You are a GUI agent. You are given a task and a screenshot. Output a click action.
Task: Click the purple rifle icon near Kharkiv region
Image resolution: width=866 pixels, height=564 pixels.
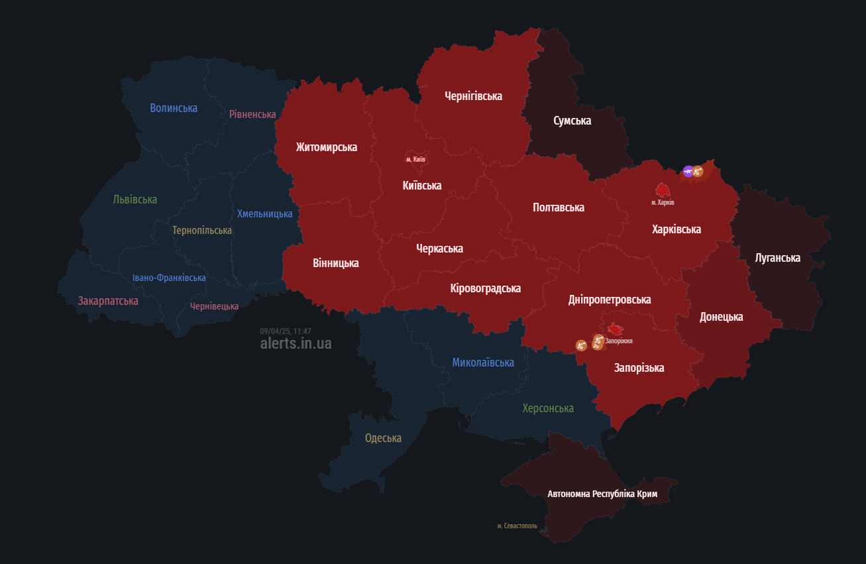688,172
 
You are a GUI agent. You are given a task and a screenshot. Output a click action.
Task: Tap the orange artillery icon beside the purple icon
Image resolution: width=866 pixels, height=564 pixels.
698,172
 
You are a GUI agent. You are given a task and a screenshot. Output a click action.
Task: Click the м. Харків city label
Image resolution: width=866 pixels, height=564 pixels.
663,202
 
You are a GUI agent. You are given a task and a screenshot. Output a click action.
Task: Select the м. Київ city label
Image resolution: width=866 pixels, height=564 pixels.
415,160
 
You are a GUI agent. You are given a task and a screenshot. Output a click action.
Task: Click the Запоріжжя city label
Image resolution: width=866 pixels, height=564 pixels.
619,341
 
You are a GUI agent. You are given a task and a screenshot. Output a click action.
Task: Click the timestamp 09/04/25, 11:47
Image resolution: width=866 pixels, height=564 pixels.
286,331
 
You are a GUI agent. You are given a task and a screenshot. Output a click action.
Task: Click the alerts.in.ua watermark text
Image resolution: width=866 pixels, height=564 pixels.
296,343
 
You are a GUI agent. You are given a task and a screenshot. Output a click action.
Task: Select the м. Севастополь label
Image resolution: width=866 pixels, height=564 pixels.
517,526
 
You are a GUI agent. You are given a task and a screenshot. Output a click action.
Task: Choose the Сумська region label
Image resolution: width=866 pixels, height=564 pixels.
572,121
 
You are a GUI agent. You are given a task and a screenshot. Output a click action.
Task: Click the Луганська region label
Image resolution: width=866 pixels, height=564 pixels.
777,258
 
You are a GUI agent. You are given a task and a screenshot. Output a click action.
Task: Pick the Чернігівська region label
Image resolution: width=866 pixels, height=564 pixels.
473,96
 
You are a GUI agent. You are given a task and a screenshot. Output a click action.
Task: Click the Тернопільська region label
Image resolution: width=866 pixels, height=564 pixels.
202,231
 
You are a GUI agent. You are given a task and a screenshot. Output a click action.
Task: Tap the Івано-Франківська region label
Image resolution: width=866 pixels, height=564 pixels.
169,278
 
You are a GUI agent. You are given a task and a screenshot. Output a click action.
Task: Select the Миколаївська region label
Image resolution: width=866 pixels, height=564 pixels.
483,363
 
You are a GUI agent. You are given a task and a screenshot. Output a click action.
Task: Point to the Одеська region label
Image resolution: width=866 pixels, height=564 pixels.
383,438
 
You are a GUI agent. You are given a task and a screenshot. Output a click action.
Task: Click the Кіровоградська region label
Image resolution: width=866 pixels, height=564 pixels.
485,288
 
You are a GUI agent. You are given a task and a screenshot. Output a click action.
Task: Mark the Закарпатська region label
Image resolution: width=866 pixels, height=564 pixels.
108,301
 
